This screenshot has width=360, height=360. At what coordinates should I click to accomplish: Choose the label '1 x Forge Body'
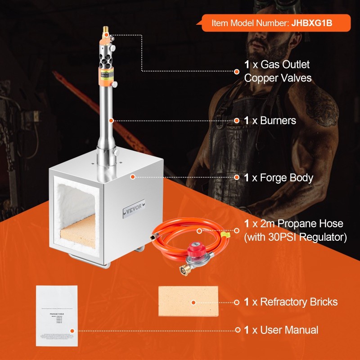[278, 178]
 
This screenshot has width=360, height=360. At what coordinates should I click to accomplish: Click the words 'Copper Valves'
[278, 78]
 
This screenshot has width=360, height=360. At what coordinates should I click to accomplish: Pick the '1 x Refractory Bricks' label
[291, 301]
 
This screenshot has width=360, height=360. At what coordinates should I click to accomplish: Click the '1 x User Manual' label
[281, 330]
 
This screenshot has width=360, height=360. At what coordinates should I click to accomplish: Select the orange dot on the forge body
[133, 177]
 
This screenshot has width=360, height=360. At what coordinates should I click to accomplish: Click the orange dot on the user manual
[71, 330]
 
